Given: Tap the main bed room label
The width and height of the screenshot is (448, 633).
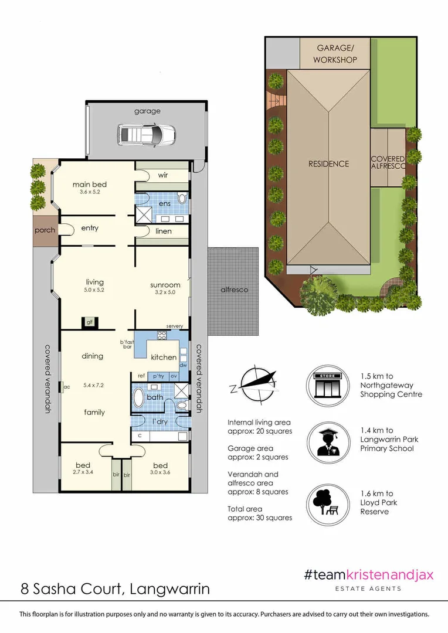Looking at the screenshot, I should point(89,185).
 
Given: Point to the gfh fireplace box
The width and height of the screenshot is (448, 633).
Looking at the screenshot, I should point(90,322).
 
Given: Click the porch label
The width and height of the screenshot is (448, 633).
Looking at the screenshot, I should point(45,230).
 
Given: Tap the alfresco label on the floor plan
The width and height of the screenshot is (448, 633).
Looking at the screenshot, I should point(234,290).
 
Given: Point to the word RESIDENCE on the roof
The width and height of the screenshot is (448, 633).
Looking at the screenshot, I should point(328,164).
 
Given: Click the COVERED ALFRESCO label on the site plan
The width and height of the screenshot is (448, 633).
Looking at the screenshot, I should point(388,163).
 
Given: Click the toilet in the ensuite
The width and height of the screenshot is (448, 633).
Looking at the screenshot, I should point(182,199).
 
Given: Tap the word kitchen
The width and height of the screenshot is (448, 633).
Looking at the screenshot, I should point(164,357).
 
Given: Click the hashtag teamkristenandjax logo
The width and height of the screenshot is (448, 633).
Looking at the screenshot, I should point(368,574).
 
